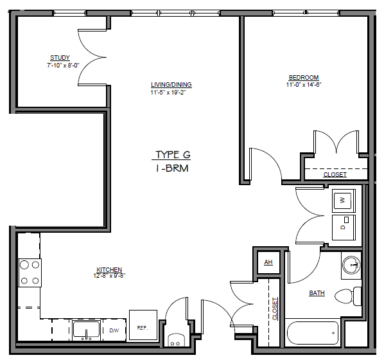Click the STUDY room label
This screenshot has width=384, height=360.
pyautogui.click(x=60, y=58)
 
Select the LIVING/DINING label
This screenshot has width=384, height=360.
pyautogui.click(x=171, y=85)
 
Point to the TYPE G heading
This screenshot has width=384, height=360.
pyautogui.click(x=173, y=155)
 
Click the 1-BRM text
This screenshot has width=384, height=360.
pyautogui.click(x=173, y=168)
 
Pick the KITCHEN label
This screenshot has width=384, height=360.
pyautogui.click(x=109, y=269)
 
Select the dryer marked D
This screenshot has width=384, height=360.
pyautogui.click(x=343, y=227)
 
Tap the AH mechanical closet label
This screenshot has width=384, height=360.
pyautogui.click(x=268, y=262)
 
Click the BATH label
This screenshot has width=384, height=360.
pyautogui.click(x=317, y=293)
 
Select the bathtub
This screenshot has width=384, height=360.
pyautogui.click(x=313, y=333)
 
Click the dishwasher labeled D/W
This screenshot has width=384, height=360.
pyautogui.click(x=114, y=330)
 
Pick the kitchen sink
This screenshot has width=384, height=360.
pyautogui.click(x=85, y=330)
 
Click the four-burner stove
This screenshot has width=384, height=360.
pyautogui.click(x=29, y=272)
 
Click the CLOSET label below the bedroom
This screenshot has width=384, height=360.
pyautogui.click(x=335, y=175)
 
